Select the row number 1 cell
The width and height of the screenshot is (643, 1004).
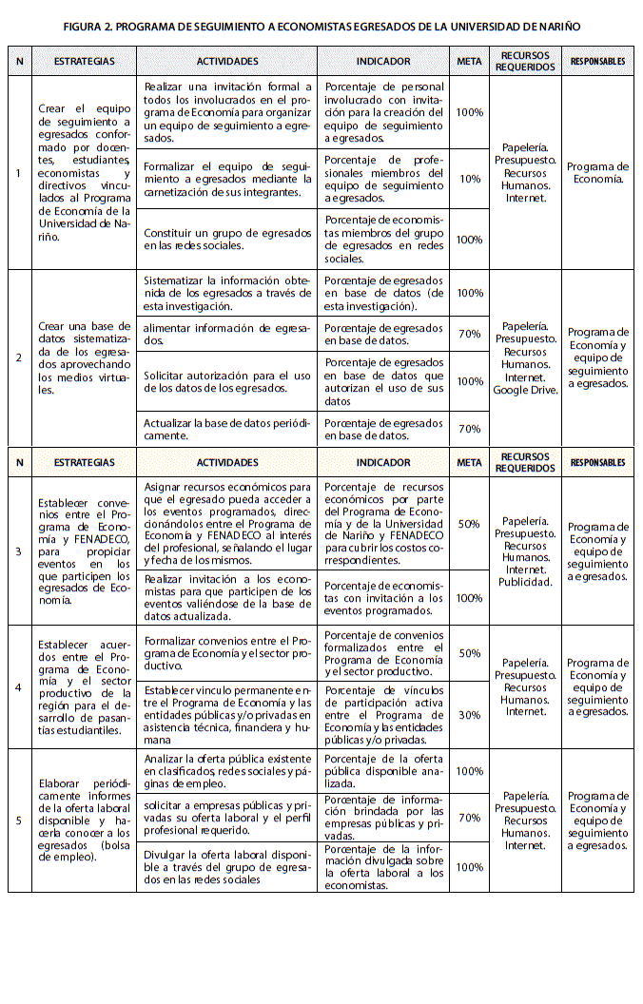(x=19, y=173)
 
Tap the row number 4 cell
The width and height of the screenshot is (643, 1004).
(x=19, y=687)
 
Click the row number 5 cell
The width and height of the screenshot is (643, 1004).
(x=19, y=820)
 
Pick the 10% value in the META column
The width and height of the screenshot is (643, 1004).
(x=469, y=179)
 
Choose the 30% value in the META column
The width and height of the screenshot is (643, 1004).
(x=469, y=715)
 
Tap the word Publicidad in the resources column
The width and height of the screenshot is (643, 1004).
(x=524, y=582)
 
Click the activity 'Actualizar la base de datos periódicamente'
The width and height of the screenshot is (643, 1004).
(x=227, y=429)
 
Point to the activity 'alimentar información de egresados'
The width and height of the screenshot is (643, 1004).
(x=227, y=328)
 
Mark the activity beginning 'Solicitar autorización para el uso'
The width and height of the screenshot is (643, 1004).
(x=227, y=381)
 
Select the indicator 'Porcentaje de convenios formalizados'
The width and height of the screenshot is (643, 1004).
(x=383, y=653)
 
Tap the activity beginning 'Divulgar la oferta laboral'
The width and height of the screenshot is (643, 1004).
(x=227, y=867)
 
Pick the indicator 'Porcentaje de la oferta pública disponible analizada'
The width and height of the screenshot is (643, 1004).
(x=383, y=770)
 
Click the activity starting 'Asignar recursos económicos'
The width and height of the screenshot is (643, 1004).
(x=227, y=524)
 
